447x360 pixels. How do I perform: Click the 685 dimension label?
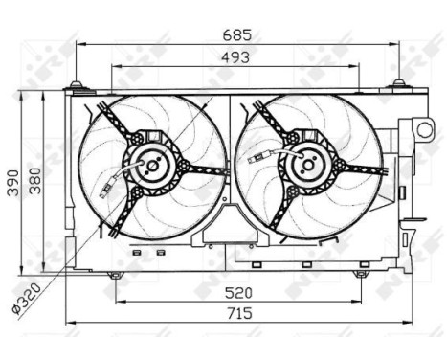point(235,34)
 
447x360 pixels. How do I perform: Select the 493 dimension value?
point(235,56)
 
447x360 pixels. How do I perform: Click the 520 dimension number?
point(237,293)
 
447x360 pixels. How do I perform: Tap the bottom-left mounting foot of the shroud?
point(115,274)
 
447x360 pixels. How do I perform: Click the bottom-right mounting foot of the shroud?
point(360,274)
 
